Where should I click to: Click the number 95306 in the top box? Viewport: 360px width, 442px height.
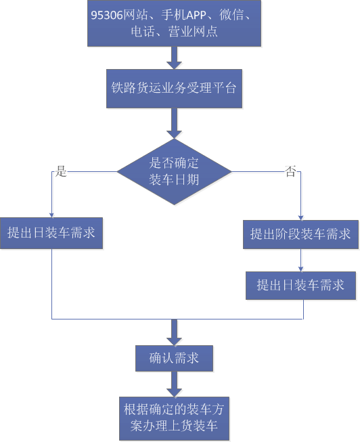(107, 15)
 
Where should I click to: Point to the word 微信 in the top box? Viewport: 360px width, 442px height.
(231, 15)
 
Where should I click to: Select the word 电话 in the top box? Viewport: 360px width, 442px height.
(143, 31)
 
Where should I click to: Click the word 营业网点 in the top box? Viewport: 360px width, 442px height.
(193, 31)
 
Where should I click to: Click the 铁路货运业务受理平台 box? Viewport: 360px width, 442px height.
(174, 89)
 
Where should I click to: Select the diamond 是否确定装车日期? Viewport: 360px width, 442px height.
(174, 172)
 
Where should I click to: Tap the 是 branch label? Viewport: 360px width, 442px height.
(61, 171)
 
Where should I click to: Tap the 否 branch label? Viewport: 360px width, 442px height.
(290, 171)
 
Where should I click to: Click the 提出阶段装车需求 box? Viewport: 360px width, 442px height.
(301, 234)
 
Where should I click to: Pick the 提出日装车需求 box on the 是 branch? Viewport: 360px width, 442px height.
(51, 233)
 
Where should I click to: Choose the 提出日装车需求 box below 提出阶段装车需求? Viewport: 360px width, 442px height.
(301, 286)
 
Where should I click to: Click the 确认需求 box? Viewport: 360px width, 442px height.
(174, 358)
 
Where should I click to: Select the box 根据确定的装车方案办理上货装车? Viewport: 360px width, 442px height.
(174, 418)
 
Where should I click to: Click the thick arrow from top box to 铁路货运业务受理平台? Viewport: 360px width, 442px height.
(174, 58)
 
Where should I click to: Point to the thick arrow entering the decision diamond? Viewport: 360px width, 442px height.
(174, 123)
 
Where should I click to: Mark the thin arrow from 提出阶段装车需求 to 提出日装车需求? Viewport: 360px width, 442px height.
(301, 260)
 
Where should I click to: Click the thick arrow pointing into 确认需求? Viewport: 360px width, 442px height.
(174, 332)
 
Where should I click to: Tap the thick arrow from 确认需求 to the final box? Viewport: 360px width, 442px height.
(174, 384)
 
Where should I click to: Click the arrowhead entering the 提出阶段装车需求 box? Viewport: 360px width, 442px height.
(301, 218)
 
